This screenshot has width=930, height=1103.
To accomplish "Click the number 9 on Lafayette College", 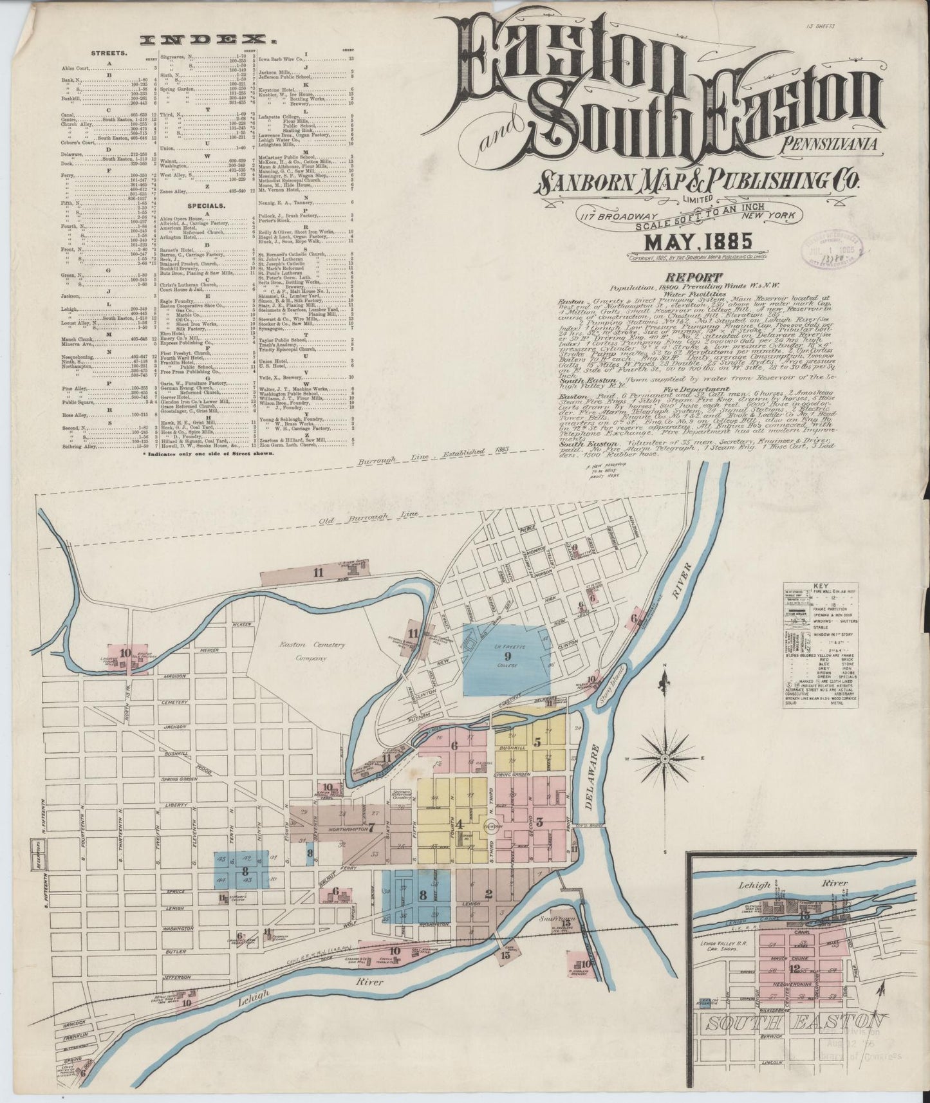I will pos(507,657).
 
